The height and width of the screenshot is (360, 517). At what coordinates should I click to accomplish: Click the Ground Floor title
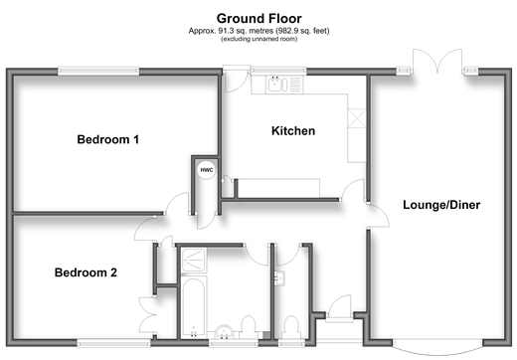point(258,19)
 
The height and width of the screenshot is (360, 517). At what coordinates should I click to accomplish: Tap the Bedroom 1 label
point(107,139)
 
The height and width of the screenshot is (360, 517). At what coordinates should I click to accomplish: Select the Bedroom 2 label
point(86,272)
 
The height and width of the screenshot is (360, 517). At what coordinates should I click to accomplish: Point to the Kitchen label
point(293,131)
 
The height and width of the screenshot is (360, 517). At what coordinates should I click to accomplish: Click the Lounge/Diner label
point(441,205)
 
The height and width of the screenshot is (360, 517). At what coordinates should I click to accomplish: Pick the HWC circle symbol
point(207,170)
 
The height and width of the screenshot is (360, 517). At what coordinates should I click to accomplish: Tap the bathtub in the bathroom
point(194,307)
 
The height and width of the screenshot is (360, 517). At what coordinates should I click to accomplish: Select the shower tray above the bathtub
point(194,261)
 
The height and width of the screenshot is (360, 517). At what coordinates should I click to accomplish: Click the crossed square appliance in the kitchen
point(357,118)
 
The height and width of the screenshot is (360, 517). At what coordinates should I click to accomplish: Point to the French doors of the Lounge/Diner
point(437,61)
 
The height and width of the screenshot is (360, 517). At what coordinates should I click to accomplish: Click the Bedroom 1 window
point(98,71)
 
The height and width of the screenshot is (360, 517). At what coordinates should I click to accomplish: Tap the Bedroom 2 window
point(113,343)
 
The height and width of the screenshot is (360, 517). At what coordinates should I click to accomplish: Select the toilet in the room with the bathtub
point(248,327)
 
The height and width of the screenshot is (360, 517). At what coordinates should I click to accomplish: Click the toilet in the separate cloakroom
point(291,327)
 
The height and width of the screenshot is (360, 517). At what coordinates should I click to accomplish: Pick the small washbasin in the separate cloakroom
point(279,278)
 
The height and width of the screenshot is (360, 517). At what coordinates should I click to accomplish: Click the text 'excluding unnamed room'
point(258,39)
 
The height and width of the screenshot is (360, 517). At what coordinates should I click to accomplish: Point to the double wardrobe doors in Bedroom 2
point(147,315)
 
